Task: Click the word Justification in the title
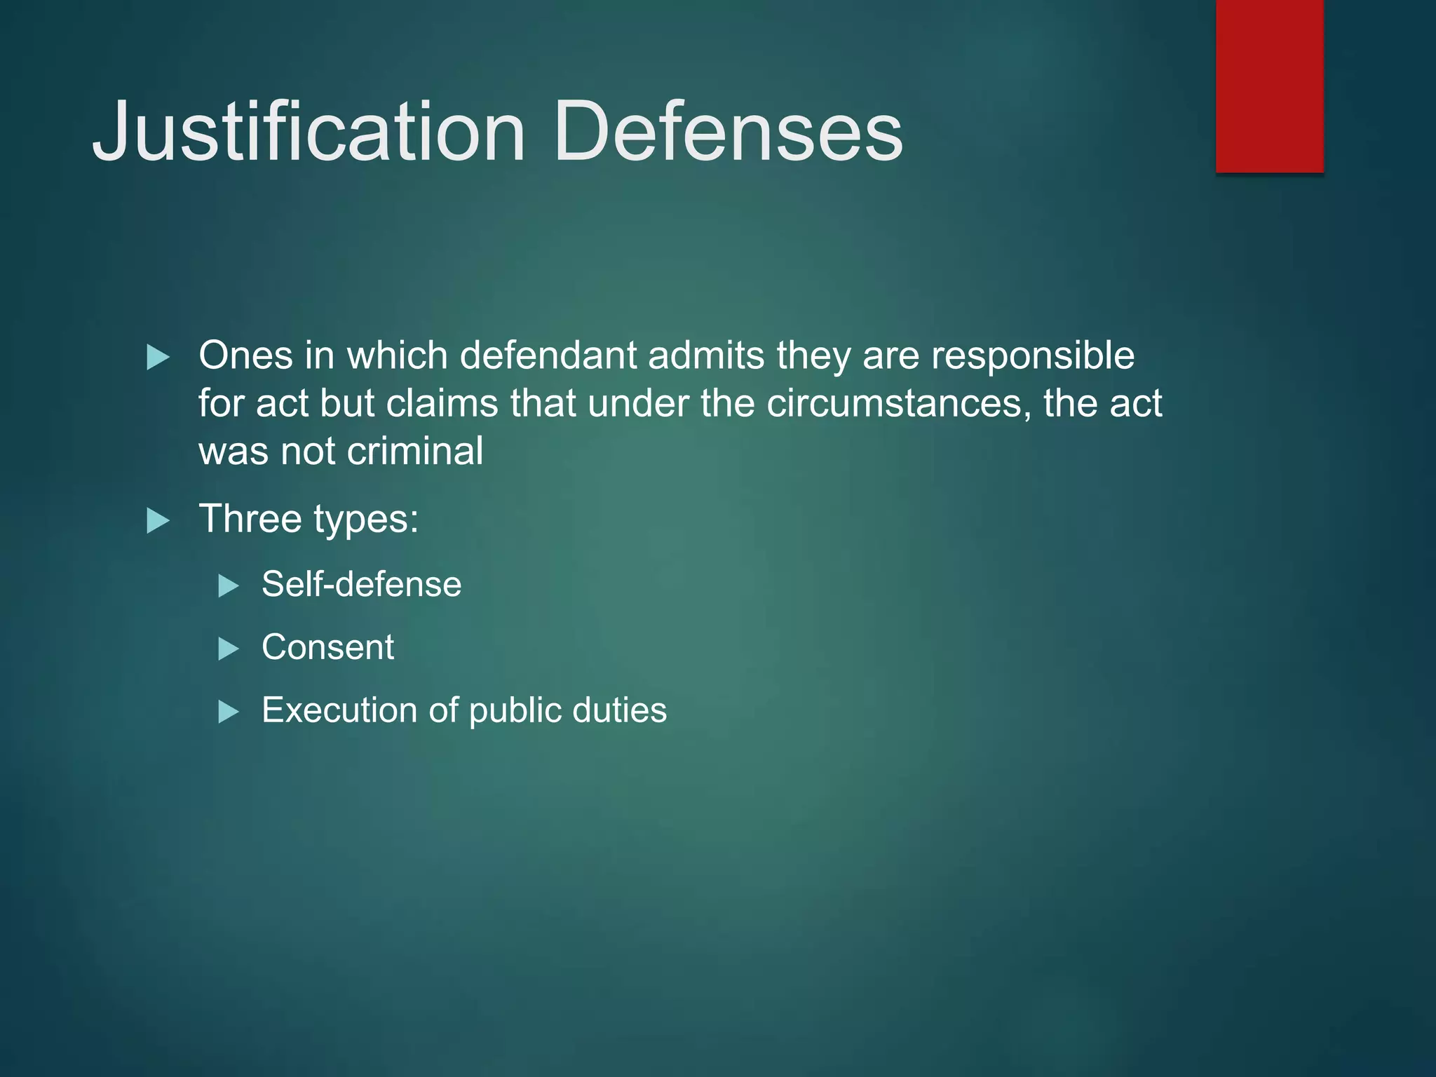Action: click(309, 131)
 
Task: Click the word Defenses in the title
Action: click(728, 131)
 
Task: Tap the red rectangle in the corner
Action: click(1269, 86)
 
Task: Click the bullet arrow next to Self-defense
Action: click(229, 585)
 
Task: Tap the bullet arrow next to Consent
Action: click(229, 649)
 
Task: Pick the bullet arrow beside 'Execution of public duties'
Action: click(229, 712)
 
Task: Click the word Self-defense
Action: click(361, 584)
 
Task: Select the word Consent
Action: click(327, 647)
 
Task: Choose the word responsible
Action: click(1032, 356)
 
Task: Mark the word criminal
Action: click(415, 451)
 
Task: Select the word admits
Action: click(706, 355)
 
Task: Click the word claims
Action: click(442, 404)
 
